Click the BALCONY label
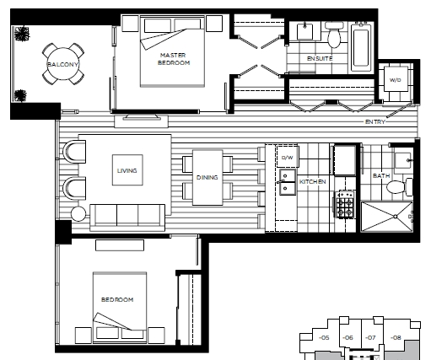pos(62,64)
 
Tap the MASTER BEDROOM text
pos(174,59)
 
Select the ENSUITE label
pos(320,58)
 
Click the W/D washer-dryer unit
pos(396,79)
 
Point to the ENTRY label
pos(374,121)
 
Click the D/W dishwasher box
pos(287,157)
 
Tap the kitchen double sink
pos(288,182)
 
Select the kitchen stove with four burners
pos(345,204)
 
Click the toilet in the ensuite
pos(334,35)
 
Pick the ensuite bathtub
pos(361,47)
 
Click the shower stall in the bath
pos(387,217)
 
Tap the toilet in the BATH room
pos(399,187)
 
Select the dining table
pos(207,178)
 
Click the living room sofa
pos(127,218)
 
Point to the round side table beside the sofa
pos(78,214)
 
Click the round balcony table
pos(63,64)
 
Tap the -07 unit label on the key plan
pos(370,337)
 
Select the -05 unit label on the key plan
pos(324,337)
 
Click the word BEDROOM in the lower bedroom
pos(117,299)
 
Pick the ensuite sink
pos(305,31)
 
